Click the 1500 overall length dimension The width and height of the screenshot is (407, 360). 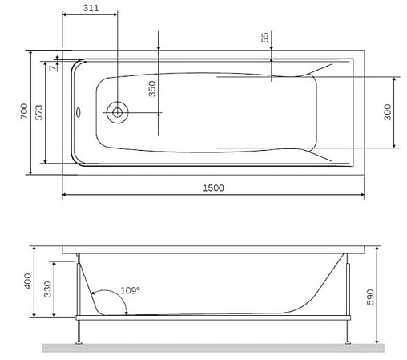(x=212, y=187)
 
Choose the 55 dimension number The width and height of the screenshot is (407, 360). (x=265, y=39)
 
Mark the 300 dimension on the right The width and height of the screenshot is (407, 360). (x=388, y=112)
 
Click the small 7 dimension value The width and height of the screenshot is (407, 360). (x=52, y=68)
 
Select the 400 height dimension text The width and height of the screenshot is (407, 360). (x=26, y=282)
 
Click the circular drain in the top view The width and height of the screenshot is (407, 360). (x=117, y=112)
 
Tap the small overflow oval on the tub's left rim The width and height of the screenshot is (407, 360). (x=78, y=112)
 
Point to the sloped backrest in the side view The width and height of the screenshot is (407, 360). (x=316, y=285)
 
